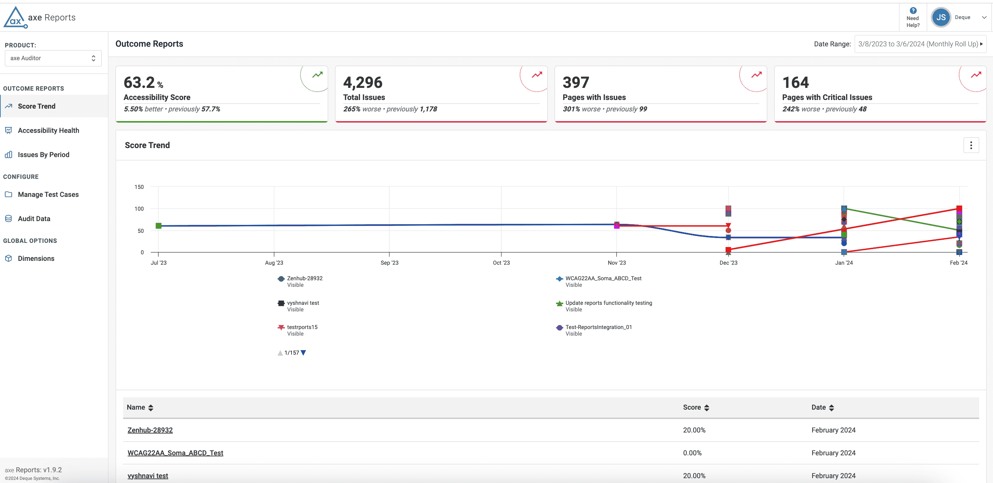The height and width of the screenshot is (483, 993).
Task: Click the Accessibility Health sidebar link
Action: click(x=48, y=130)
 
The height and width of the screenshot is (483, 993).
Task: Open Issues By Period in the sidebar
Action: click(x=43, y=155)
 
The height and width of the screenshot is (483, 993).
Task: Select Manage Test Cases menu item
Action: click(x=48, y=194)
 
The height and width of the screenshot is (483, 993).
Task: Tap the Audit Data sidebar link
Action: click(x=34, y=219)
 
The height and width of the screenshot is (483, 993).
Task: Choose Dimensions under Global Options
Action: click(x=36, y=258)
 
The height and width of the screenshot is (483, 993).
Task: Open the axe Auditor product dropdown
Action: click(x=53, y=58)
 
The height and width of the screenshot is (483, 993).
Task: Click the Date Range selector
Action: click(x=920, y=44)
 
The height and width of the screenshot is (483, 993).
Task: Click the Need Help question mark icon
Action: click(x=913, y=11)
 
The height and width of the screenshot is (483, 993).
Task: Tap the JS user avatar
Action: click(x=941, y=17)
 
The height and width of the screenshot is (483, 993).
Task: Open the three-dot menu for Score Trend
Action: click(x=971, y=145)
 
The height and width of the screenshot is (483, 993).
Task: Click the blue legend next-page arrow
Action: click(x=303, y=353)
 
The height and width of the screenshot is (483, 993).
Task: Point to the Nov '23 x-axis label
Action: click(x=617, y=263)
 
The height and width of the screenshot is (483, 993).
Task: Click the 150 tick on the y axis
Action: click(x=139, y=187)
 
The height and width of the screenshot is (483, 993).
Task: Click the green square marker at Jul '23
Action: click(x=158, y=226)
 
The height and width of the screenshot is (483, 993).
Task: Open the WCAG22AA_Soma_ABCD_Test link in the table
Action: click(x=175, y=453)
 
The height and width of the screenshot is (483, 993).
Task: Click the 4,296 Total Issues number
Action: click(x=363, y=83)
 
